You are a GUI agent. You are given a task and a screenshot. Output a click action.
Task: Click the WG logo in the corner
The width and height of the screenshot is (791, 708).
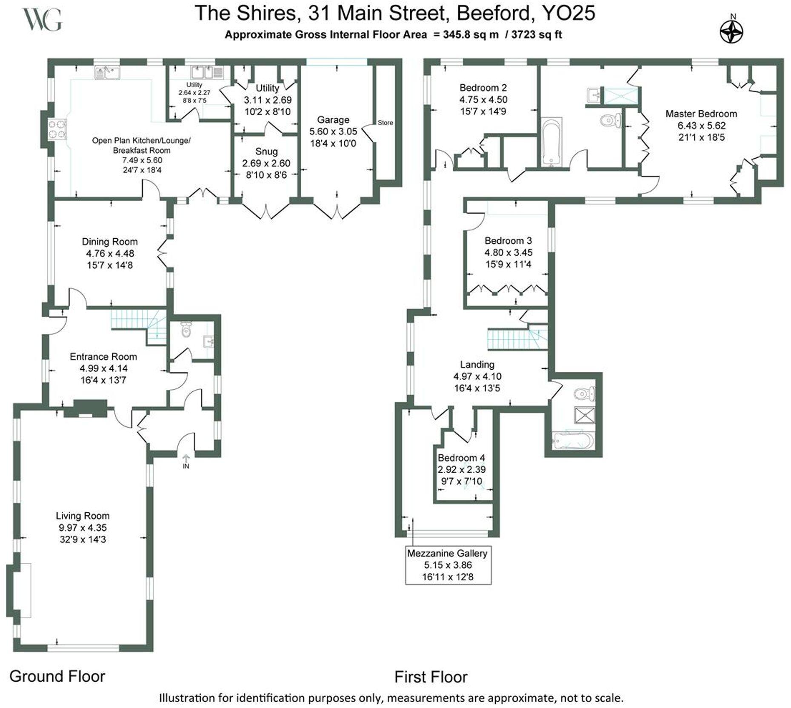click(x=42, y=20)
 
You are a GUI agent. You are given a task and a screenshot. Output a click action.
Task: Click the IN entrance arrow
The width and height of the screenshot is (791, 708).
click(x=186, y=461)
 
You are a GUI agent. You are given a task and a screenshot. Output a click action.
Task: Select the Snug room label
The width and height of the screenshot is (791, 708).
click(x=266, y=151)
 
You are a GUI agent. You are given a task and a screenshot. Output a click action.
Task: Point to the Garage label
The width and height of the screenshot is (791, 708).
click(x=333, y=120)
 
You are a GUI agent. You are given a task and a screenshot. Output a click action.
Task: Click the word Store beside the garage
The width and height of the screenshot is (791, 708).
click(x=385, y=123)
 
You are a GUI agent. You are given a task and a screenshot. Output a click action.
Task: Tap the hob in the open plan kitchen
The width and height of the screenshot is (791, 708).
click(x=57, y=129)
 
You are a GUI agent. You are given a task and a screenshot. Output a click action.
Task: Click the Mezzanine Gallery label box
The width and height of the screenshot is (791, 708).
click(x=448, y=565)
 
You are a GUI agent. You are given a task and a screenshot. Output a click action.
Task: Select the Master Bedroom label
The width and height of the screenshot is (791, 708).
click(x=701, y=114)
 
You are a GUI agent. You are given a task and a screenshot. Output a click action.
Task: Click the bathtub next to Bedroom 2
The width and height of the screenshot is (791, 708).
click(x=551, y=142)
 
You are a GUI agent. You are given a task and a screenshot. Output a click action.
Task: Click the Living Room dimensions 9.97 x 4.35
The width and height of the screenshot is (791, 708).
click(x=83, y=528)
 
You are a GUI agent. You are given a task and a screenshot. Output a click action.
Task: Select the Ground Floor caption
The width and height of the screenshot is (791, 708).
click(x=57, y=676)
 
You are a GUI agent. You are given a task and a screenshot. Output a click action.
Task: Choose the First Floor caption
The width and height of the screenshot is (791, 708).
click(x=431, y=677)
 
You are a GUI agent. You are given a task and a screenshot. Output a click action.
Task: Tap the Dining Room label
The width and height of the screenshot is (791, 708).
click(x=109, y=242)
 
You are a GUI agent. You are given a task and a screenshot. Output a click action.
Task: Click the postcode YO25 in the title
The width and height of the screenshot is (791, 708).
click(x=568, y=13)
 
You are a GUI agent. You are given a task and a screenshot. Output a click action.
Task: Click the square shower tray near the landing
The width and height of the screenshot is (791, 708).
click(x=585, y=415)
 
